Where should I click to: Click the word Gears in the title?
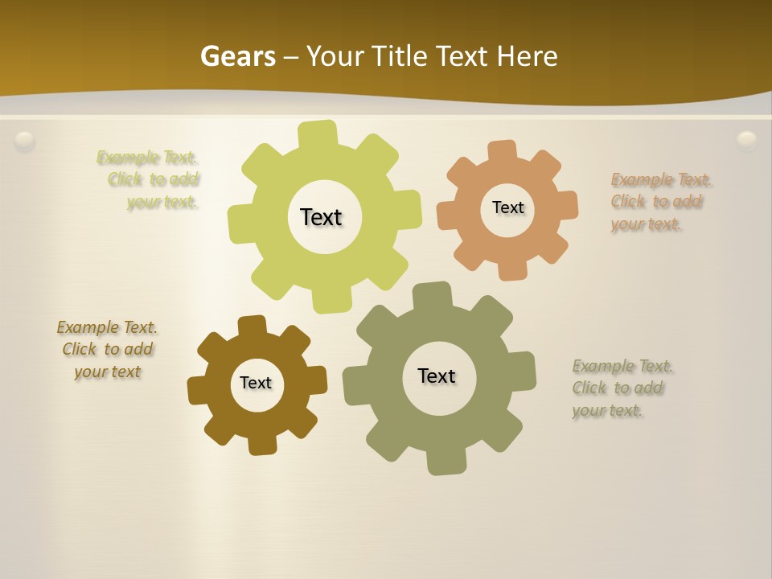tap(238, 56)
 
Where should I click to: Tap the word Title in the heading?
tap(397, 56)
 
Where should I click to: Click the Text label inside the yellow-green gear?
tap(321, 217)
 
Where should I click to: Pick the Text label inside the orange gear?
tap(507, 207)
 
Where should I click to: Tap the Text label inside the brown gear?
tap(255, 383)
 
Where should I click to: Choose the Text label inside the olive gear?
tap(437, 376)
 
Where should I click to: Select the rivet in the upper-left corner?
tap(25, 142)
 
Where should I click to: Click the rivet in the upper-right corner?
tap(747, 141)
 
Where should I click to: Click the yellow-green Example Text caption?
tap(150, 179)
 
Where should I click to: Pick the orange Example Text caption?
tap(659, 201)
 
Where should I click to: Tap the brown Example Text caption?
tap(107, 349)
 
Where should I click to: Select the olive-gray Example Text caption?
tap(621, 388)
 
